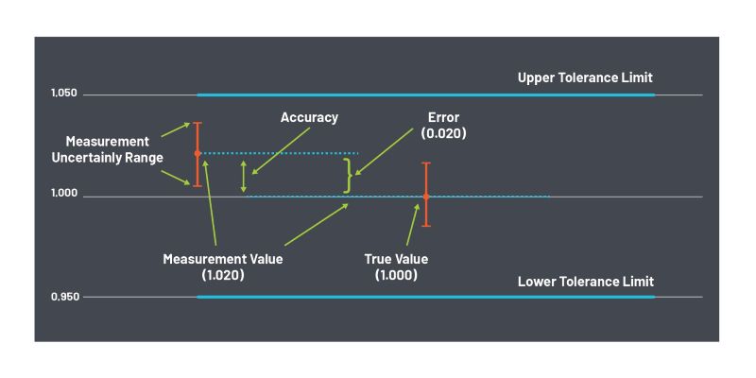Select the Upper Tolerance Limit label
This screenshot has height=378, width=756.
coord(585,77)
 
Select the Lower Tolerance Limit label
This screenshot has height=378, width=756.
coord(585,282)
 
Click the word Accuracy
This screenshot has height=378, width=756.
coord(309,118)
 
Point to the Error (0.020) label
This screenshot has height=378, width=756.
coord(443,126)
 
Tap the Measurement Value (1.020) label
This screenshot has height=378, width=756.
coord(223,266)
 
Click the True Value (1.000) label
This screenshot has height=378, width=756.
coord(396,266)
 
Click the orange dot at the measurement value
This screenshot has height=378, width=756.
coord(197,153)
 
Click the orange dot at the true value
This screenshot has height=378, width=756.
coord(426,197)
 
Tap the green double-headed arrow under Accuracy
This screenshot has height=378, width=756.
coord(244,176)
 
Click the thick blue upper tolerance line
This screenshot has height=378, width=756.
coord(425,94)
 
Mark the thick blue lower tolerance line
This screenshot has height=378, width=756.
coord(425,297)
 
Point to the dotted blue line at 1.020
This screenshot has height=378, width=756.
coord(283,153)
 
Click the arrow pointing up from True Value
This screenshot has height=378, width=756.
coord(411,227)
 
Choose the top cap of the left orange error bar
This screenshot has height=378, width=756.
coord(197,123)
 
